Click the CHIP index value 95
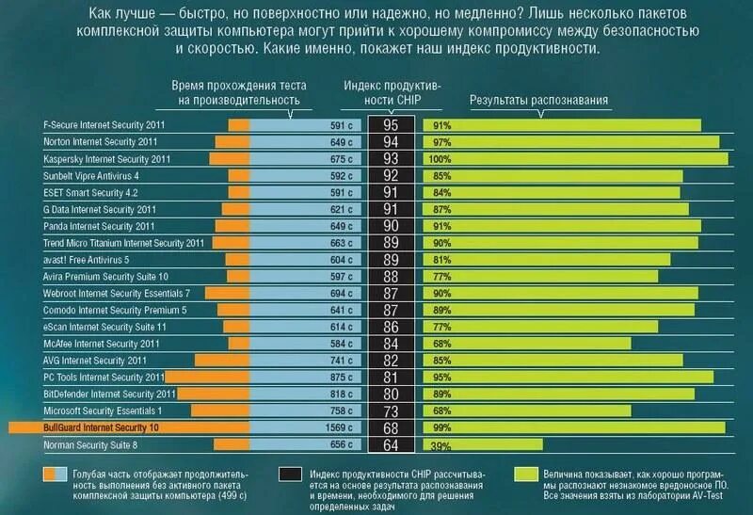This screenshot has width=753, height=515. [390, 124]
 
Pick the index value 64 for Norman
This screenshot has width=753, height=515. [390, 444]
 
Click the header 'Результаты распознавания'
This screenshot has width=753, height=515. [539, 100]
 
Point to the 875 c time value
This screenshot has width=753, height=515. [341, 377]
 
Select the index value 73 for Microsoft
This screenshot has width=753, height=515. [390, 410]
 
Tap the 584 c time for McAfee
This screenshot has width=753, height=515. [341, 343]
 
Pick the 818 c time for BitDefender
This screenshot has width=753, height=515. [341, 394]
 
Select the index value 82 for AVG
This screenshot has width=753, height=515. [390, 360]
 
